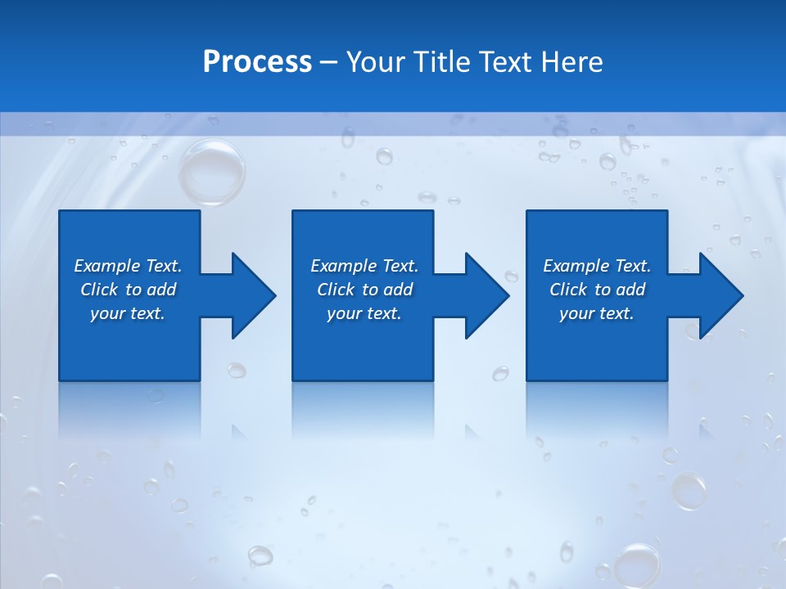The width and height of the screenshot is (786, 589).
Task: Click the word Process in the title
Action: click(x=257, y=62)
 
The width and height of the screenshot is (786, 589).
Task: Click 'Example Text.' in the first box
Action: click(x=128, y=266)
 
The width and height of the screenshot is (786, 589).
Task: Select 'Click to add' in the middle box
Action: click(x=364, y=290)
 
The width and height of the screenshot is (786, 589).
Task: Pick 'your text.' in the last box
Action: click(x=597, y=313)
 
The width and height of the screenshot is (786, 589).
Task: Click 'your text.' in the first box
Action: click(x=128, y=313)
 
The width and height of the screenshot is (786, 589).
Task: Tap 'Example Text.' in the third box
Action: click(x=597, y=266)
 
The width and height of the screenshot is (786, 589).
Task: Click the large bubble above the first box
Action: click(x=211, y=172)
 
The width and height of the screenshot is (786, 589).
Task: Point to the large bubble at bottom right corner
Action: click(x=637, y=564)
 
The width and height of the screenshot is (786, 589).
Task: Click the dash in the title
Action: click(x=329, y=63)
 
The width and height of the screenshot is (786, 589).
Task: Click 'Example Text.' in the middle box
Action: click(x=364, y=266)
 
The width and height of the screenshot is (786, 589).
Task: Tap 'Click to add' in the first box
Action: click(x=128, y=290)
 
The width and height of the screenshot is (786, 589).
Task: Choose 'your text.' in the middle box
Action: click(x=364, y=313)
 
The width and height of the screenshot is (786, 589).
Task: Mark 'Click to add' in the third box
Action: click(x=597, y=290)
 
